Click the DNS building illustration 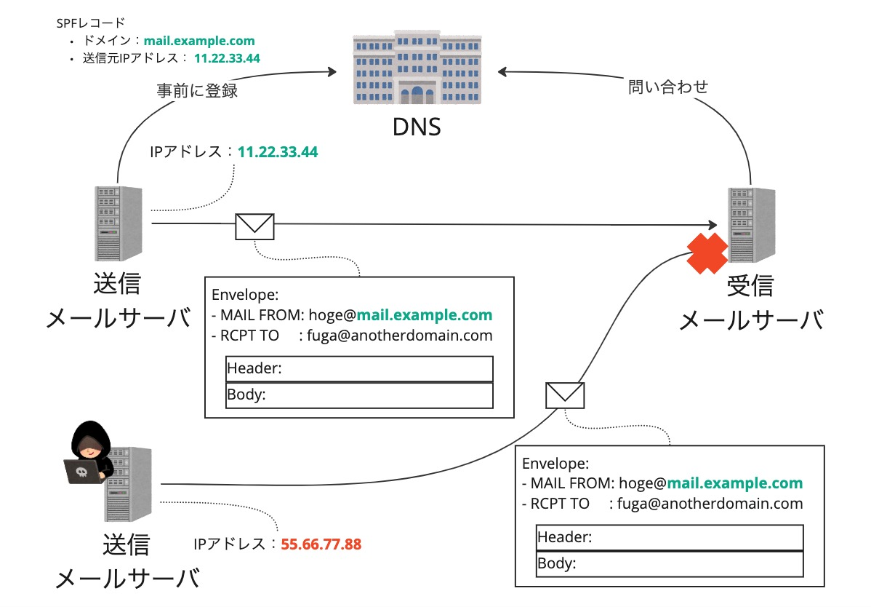tap(417, 68)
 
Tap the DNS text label tap(417, 128)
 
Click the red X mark tap(707, 253)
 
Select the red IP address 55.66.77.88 tap(321, 544)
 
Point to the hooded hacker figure tap(86, 455)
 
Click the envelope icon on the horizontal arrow tap(254, 226)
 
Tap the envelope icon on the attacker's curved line tap(565, 394)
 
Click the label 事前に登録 tap(198, 91)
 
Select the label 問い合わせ tap(667, 87)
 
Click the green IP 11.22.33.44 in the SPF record tap(227, 58)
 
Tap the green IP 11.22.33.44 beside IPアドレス tap(278, 153)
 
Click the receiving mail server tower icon tap(749, 224)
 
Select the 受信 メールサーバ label tap(750, 303)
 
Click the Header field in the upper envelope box tap(359, 369)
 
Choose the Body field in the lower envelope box tap(669, 563)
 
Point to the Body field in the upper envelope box tap(359, 395)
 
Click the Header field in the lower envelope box tap(669, 538)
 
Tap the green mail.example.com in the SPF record tap(199, 41)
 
